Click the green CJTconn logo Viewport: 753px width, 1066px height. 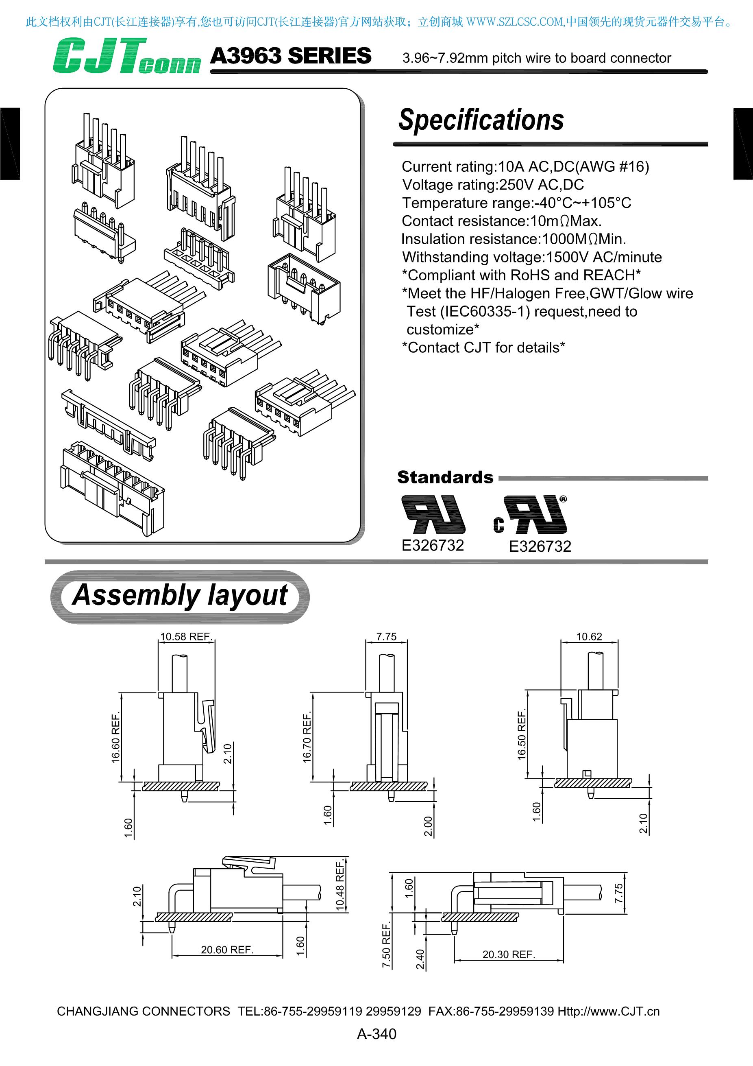point(126,57)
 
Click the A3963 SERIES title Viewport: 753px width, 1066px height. point(290,56)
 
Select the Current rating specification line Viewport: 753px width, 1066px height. point(525,166)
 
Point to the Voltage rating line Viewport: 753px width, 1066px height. point(493,184)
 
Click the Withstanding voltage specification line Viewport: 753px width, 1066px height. point(532,257)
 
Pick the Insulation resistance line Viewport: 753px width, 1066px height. point(514,239)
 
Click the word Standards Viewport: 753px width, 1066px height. point(445,477)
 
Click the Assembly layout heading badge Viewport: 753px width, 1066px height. point(180,596)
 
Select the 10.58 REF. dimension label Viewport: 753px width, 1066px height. point(186,636)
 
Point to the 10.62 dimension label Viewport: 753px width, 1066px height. point(589,636)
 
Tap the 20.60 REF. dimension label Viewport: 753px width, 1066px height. point(227,950)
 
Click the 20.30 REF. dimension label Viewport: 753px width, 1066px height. point(509,954)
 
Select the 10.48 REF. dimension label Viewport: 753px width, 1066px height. point(340,885)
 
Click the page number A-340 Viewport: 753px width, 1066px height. point(376,1034)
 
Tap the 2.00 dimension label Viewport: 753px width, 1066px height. point(428,826)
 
